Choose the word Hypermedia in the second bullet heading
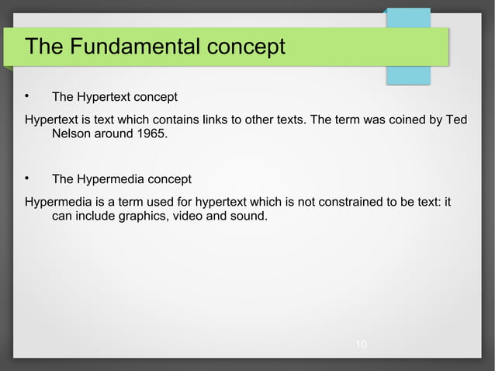point(109,179)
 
